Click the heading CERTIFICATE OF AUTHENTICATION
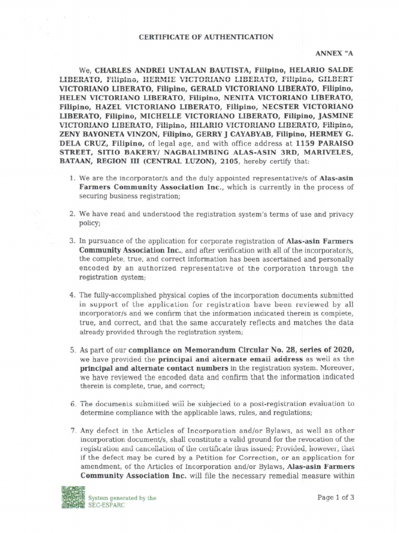point(199,37)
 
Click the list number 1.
point(72,179)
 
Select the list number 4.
point(72,295)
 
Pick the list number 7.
point(72,430)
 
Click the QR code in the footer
point(73,500)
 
